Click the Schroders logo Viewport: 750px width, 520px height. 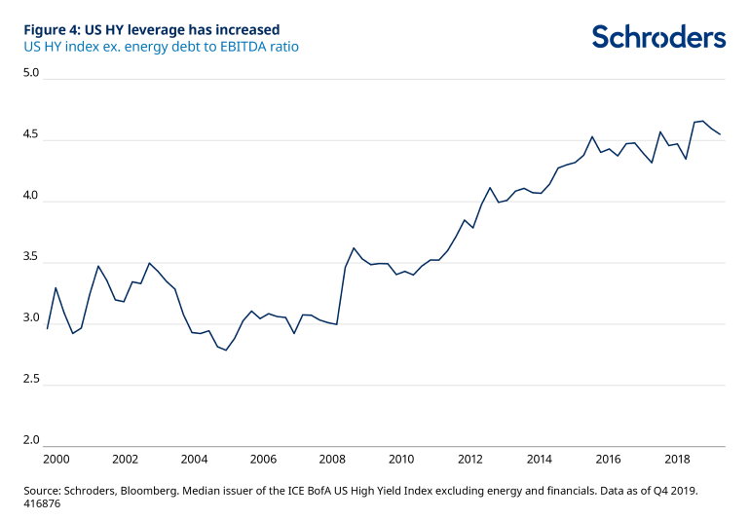point(658,37)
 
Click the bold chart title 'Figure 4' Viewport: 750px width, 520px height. point(151,29)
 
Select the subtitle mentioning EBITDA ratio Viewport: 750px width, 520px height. point(162,46)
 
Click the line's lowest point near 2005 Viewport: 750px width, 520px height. point(226,350)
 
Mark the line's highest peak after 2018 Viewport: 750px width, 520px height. point(702,121)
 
